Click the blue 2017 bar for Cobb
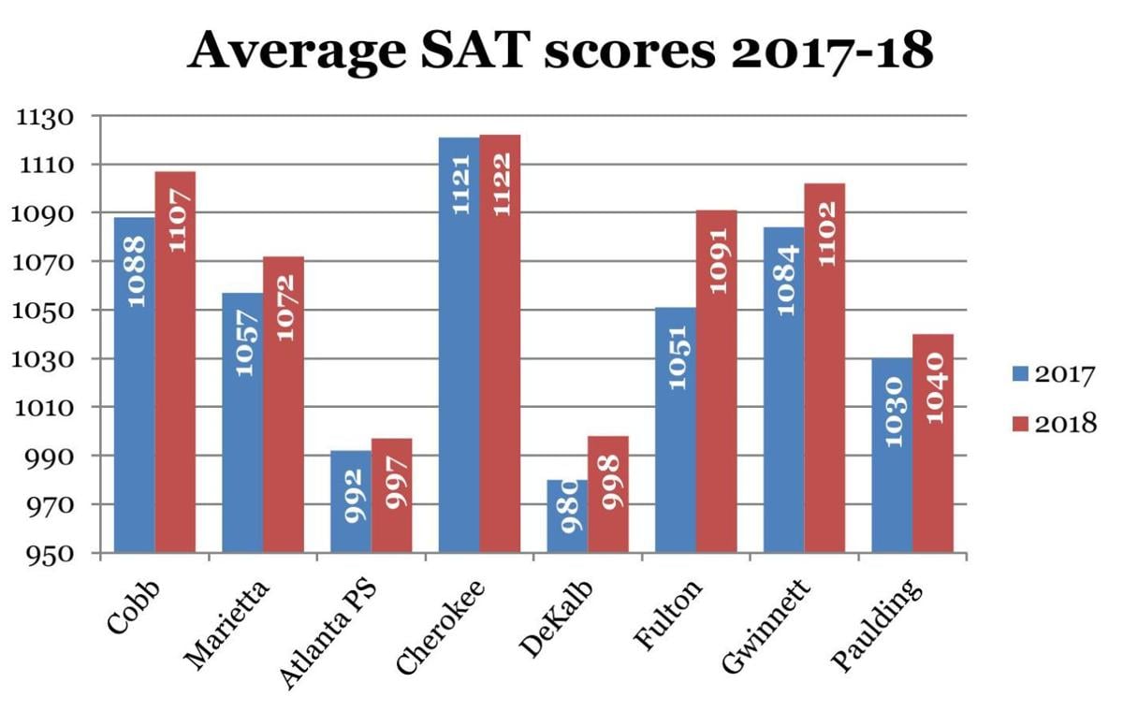[x=135, y=393]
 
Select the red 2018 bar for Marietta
[x=284, y=412]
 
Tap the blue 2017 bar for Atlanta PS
[x=351, y=505]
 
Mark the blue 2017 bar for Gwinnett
[x=784, y=393]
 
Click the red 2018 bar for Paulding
[x=933, y=449]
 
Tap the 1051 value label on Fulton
[x=676, y=356]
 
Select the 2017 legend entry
[x=1053, y=375]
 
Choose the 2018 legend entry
[x=1053, y=424]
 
